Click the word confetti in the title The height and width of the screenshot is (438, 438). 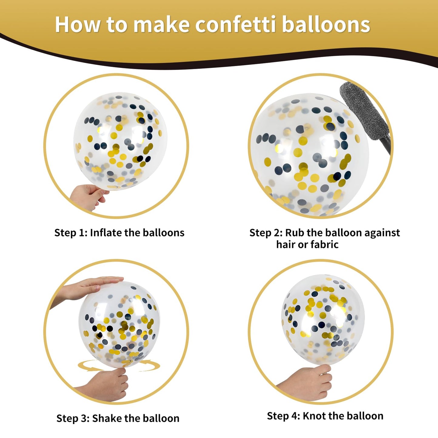click(x=235, y=24)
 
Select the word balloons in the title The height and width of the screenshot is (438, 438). click(x=326, y=24)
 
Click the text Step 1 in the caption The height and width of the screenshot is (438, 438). click(x=71, y=233)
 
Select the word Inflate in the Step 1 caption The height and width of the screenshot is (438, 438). click(x=105, y=232)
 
